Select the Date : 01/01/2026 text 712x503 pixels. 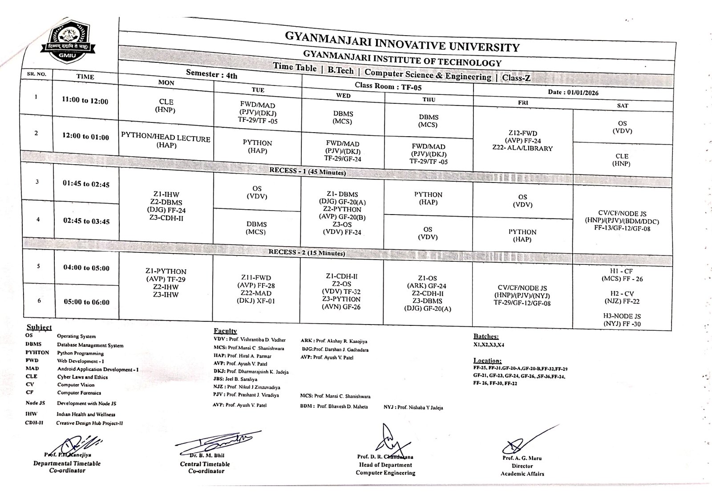pyautogui.click(x=573, y=93)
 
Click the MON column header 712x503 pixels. pyautogui.click(x=166, y=83)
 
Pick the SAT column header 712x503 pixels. pyautogui.click(x=622, y=105)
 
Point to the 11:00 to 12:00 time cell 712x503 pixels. pyautogui.click(x=85, y=101)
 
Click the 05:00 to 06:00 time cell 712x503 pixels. pyautogui.click(x=86, y=302)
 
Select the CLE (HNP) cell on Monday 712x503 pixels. pyautogui.click(x=166, y=106)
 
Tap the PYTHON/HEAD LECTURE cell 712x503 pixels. pyautogui.click(x=166, y=142)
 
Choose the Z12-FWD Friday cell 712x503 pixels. pyautogui.click(x=522, y=141)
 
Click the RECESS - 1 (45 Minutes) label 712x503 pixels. pyautogui.click(x=307, y=171)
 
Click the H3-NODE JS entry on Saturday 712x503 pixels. pyautogui.click(x=622, y=320)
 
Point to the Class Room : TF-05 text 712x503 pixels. pyautogui.click(x=387, y=86)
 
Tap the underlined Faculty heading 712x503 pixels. pyautogui.click(x=225, y=331)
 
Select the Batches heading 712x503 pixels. pyautogui.click(x=486, y=337)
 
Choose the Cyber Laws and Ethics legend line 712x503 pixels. pyautogui.click(x=82, y=377)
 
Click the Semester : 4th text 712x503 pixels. pyautogui.click(x=211, y=74)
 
